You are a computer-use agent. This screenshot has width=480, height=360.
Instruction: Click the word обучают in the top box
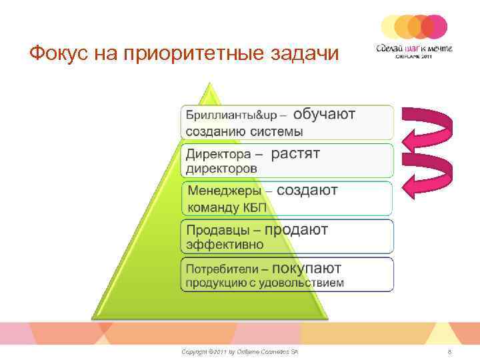[x=325, y=114]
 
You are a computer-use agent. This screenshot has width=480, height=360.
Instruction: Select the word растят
[x=296, y=153]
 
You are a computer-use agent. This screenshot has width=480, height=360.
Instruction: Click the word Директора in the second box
[x=219, y=155]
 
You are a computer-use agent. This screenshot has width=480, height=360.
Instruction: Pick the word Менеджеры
[x=225, y=192]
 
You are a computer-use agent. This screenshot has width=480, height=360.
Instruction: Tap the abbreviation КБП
[x=257, y=207]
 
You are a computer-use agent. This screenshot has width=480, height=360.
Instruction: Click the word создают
[x=307, y=191]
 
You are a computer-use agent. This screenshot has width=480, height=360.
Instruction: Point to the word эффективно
[x=225, y=245]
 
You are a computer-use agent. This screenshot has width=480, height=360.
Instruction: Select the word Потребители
[x=223, y=269]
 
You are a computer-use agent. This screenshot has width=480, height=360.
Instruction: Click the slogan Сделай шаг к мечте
[x=414, y=47]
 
